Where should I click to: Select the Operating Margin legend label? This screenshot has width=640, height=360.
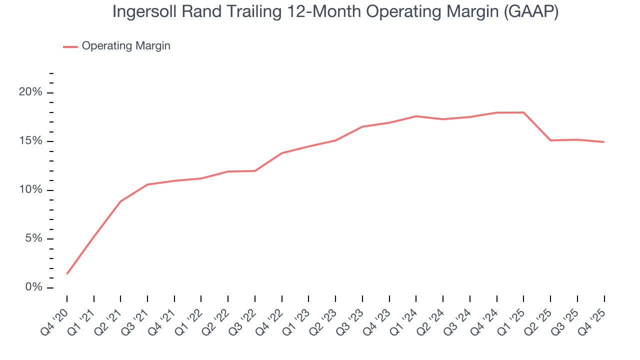coord(126,46)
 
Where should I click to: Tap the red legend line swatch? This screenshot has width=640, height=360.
coord(70,46)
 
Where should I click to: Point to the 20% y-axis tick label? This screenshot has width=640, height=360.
coord(30,93)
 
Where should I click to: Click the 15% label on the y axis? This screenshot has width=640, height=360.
coord(30,141)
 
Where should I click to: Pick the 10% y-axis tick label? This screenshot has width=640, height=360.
coord(30,190)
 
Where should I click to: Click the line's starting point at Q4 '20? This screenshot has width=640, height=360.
coord(67,273)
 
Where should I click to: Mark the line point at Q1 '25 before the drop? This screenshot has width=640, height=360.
coord(523,112)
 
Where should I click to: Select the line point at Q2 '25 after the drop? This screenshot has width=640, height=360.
coord(550,140)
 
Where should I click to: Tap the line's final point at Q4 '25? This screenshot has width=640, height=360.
coord(604,142)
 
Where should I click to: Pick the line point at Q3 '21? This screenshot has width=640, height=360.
coord(147,184)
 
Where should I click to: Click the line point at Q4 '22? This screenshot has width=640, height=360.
coord(282,153)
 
